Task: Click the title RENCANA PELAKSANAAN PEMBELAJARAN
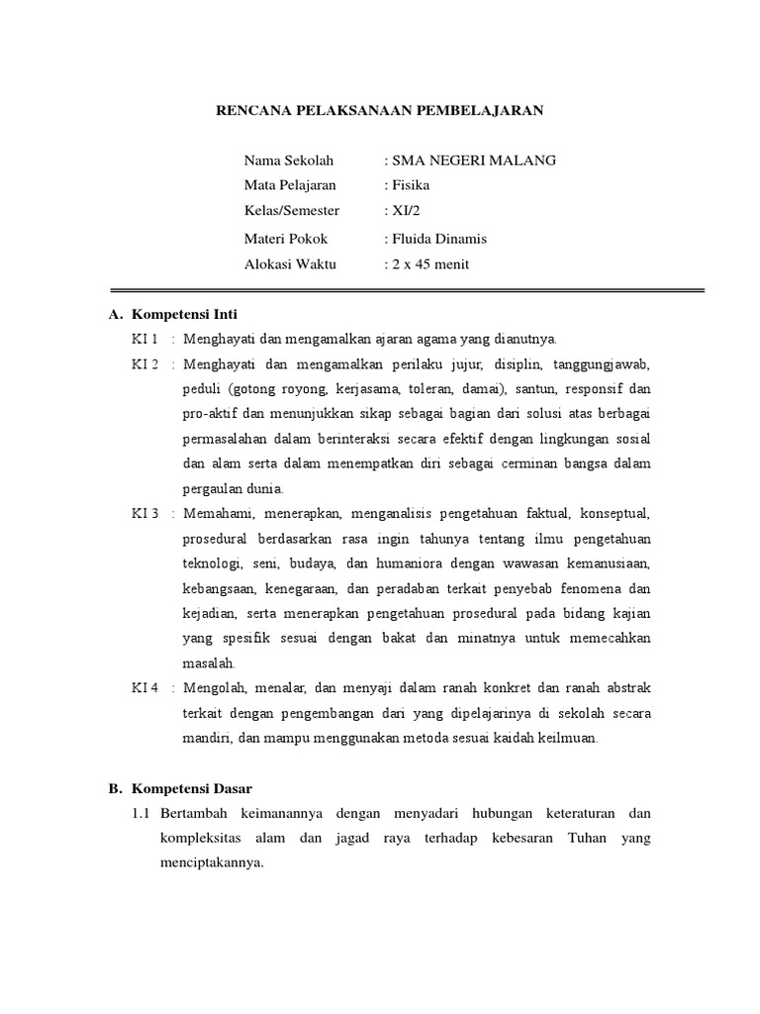point(380,111)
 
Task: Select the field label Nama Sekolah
point(289,160)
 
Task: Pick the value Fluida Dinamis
point(438,239)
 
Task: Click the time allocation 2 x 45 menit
point(429,263)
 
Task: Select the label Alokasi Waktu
point(290,263)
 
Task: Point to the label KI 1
point(145,339)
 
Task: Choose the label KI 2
point(145,364)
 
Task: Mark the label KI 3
point(145,513)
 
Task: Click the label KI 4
point(145,687)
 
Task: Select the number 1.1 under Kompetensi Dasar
point(140,813)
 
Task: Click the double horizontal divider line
point(407,290)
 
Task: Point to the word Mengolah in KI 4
point(216,687)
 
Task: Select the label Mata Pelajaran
point(290,185)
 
